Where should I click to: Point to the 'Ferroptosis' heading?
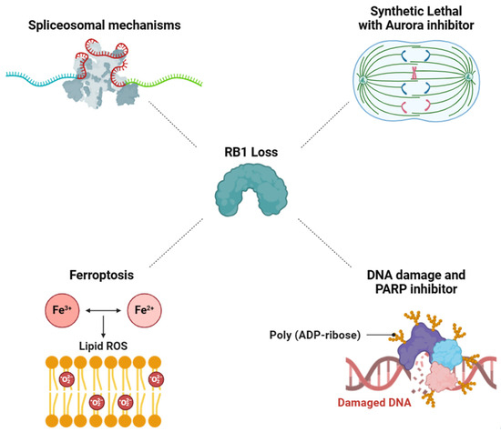(88, 271)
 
